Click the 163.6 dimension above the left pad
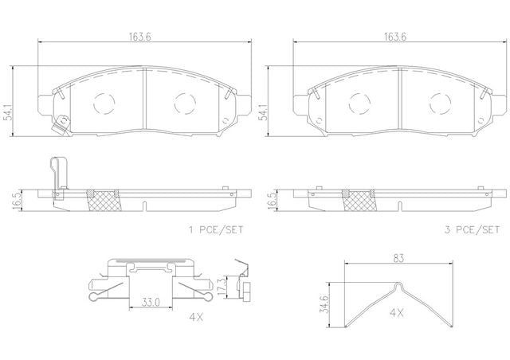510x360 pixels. pyautogui.click(x=140, y=37)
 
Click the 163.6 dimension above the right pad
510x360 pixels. pyautogui.click(x=395, y=37)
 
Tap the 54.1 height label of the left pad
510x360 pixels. pyautogui.click(x=9, y=112)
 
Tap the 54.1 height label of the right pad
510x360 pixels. pyautogui.click(x=264, y=112)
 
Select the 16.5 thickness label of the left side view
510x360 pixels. pyautogui.click(x=18, y=202)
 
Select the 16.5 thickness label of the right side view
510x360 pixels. pyautogui.click(x=273, y=202)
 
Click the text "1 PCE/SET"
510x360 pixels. pyautogui.click(x=216, y=230)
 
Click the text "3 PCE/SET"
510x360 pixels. pyautogui.click(x=472, y=230)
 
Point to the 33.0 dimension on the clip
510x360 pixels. pyautogui.click(x=151, y=303)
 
